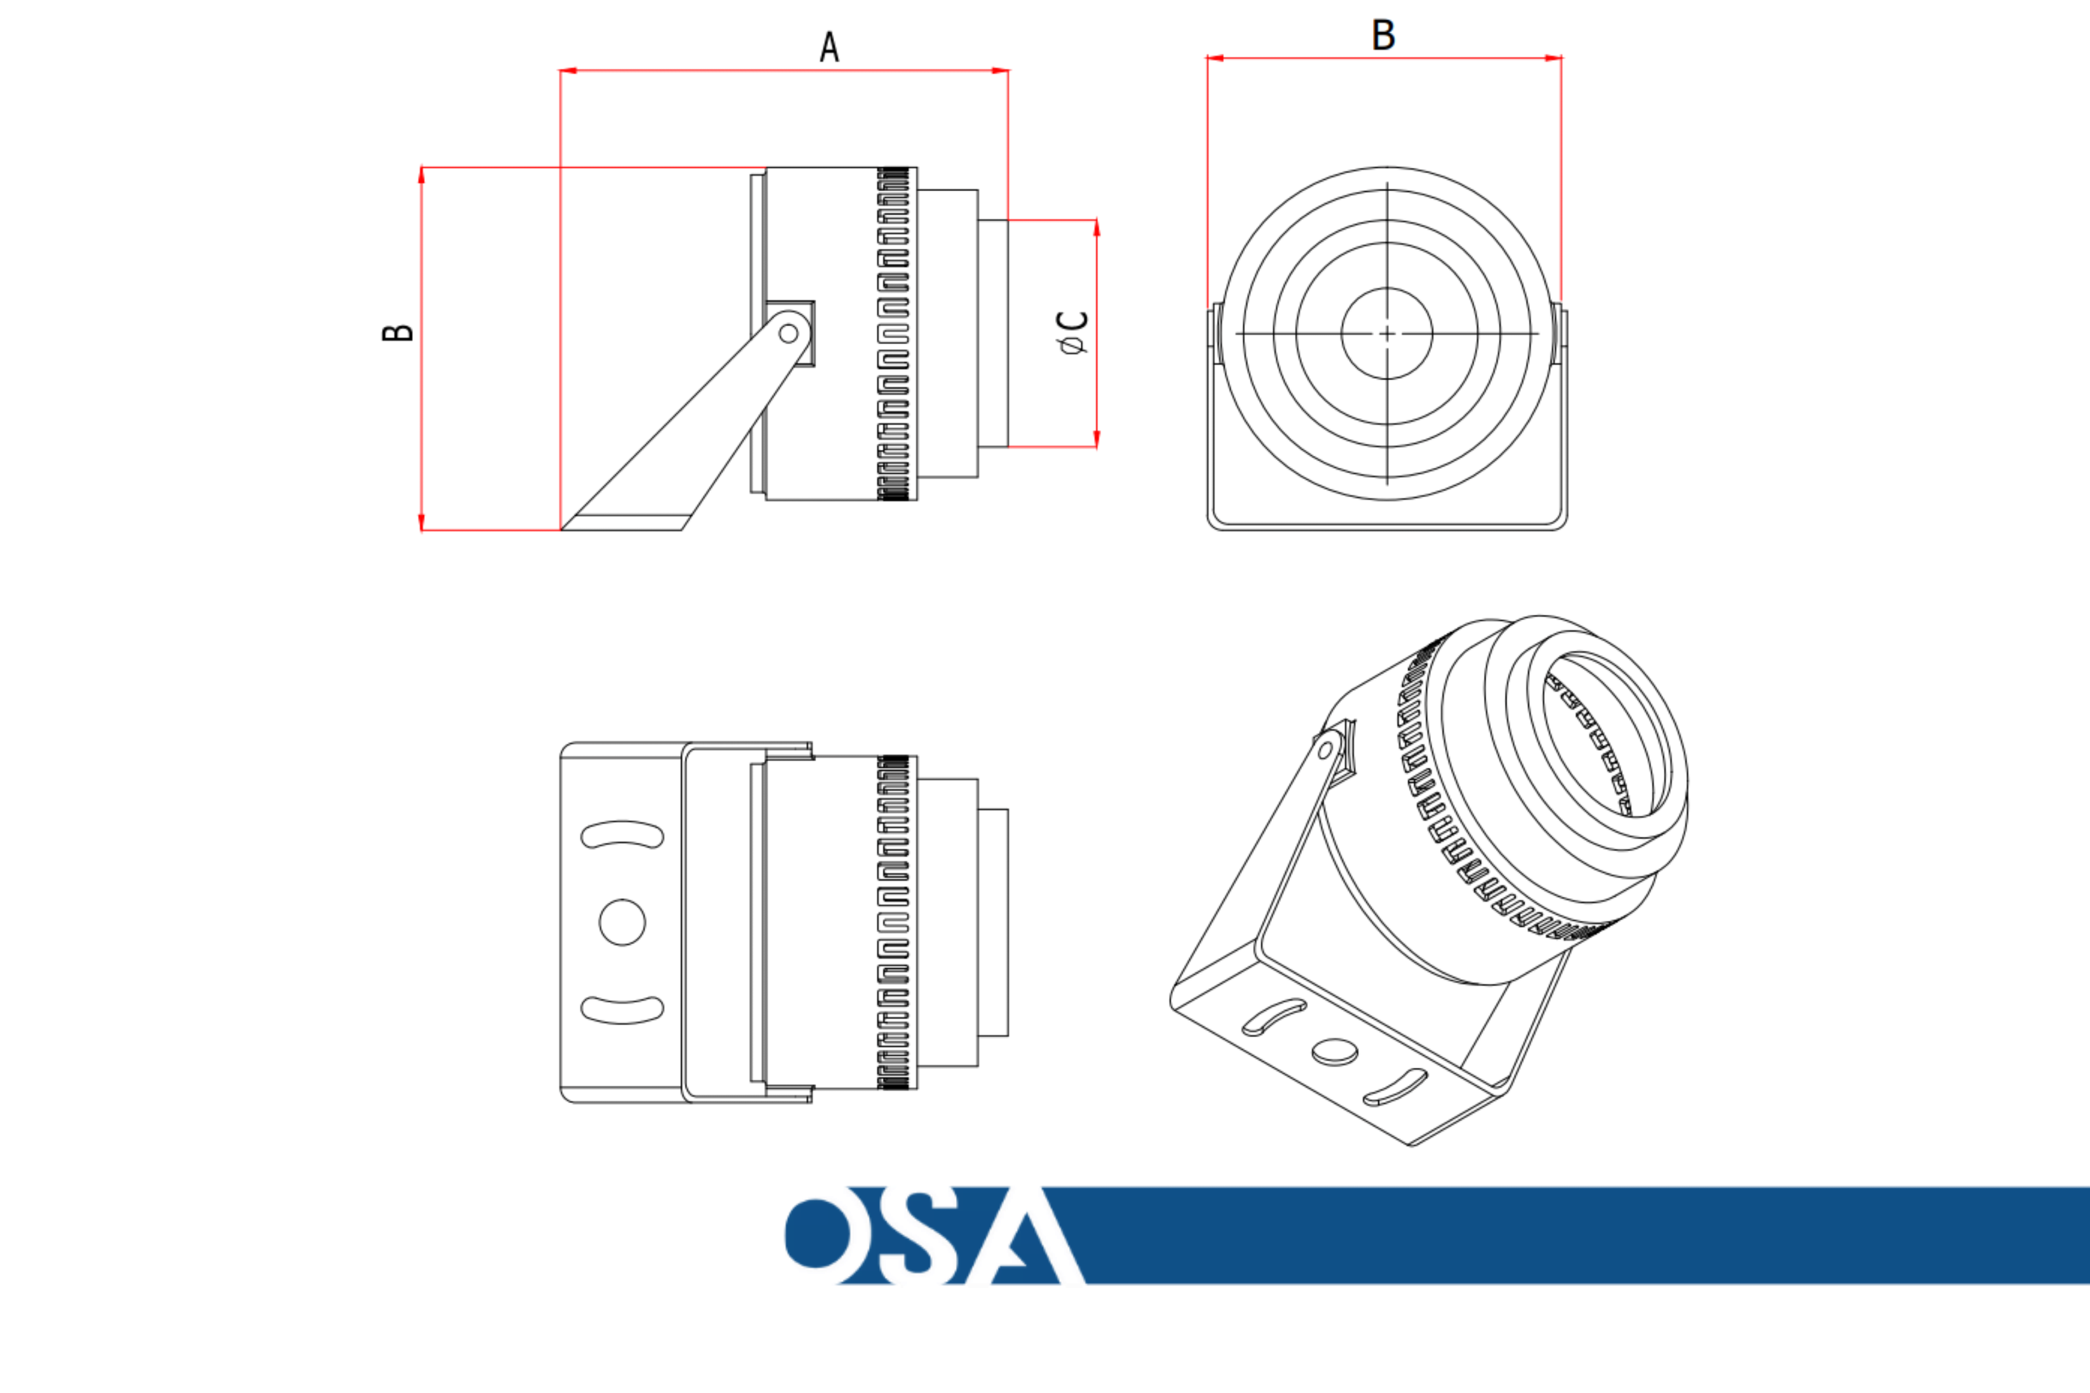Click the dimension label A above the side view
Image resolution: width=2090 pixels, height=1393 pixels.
click(829, 47)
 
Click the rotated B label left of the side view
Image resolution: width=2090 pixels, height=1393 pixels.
click(398, 332)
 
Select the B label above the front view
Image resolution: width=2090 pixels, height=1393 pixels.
click(1383, 35)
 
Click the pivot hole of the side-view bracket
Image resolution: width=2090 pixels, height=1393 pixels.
click(788, 333)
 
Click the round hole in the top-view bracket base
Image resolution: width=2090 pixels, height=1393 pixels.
click(622, 922)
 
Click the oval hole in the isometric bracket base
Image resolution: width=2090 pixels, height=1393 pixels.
click(1334, 1053)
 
